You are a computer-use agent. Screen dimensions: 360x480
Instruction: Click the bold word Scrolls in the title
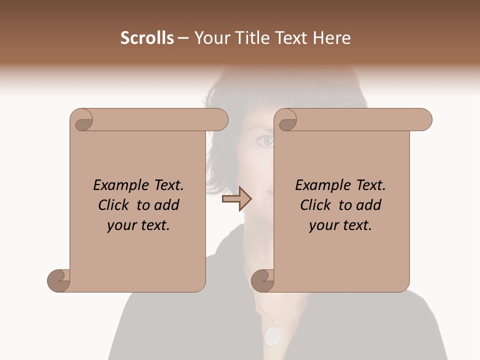point(147,38)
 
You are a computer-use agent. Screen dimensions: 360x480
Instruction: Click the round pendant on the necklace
point(272,336)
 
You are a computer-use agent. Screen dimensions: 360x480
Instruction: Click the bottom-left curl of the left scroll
point(58,280)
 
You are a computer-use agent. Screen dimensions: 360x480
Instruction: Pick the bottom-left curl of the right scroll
point(262,280)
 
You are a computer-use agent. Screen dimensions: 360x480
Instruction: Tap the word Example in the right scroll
point(323,185)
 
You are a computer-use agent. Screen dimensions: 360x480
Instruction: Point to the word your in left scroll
point(121,226)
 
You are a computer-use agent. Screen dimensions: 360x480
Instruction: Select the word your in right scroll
point(323,226)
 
